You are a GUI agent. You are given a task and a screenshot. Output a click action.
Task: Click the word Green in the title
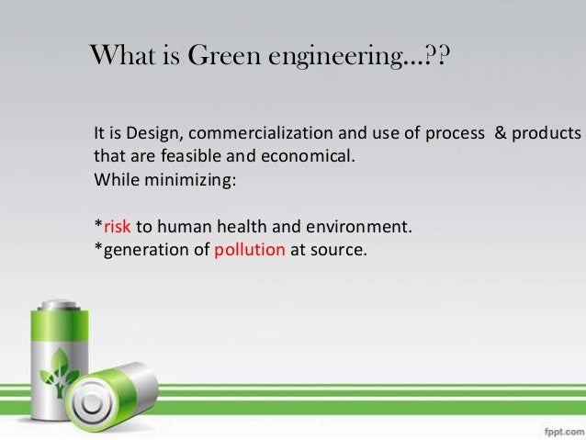click(x=222, y=57)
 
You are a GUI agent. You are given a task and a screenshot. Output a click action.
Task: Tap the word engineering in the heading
click(x=335, y=59)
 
